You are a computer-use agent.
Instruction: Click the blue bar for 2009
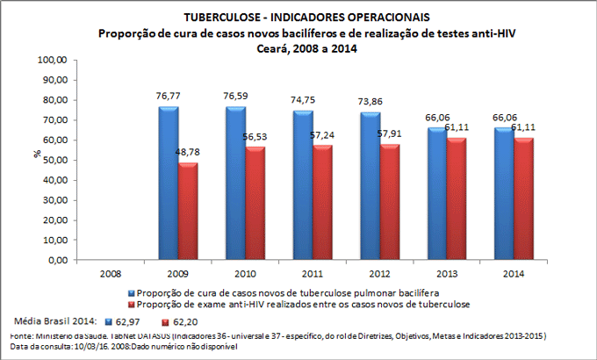168,184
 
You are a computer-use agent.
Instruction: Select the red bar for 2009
188,212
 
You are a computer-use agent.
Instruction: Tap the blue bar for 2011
303,185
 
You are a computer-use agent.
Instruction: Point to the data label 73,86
371,103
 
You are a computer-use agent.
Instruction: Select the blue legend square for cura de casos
131,292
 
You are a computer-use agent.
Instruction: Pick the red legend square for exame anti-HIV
131,303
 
